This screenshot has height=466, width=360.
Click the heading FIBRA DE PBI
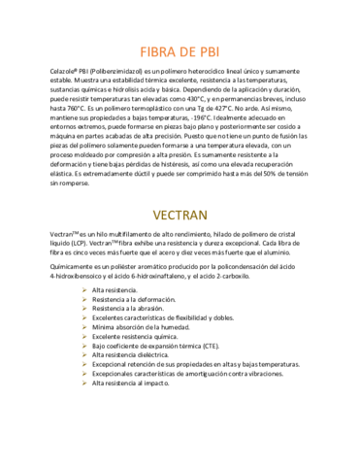180,51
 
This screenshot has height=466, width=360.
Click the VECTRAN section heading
180,215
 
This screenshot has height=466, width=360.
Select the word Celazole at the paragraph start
62,73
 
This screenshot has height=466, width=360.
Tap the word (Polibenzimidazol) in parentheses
118,73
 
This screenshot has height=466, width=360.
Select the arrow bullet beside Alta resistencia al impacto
84,382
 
